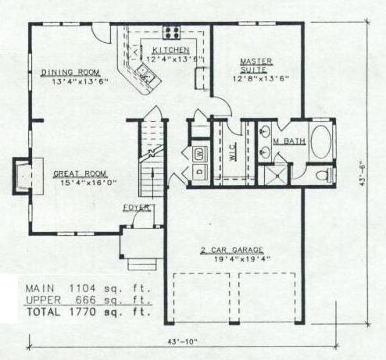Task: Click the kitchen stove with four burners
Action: [171, 32]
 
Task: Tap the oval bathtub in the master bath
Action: [321, 141]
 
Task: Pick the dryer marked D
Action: [200, 172]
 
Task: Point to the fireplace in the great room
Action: [27, 176]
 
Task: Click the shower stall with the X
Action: [277, 175]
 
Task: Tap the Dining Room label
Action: [70, 73]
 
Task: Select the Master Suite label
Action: [256, 66]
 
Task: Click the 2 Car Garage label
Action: [231, 250]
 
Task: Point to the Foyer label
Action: [137, 208]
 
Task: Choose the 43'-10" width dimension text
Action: [183, 341]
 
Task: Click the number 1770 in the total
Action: [83, 312]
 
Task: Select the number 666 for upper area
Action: [85, 300]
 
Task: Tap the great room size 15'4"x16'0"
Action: [88, 183]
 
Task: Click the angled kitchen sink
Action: [146, 73]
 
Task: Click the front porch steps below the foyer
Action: [142, 264]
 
